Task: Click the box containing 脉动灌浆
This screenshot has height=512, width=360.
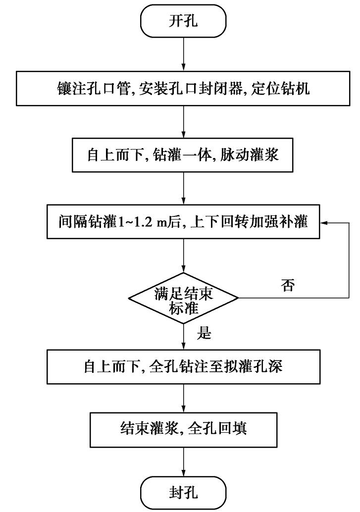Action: pyautogui.click(x=184, y=154)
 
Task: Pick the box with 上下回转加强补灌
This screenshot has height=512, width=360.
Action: pyautogui.click(x=184, y=223)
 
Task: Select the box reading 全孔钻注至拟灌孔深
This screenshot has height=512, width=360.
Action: pyautogui.click(x=184, y=367)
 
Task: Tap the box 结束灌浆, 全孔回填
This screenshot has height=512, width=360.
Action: pyautogui.click(x=184, y=427)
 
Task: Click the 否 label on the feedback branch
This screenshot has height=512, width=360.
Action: pyautogui.click(x=288, y=286)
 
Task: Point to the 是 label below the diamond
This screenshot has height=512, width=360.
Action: pyautogui.click(x=204, y=333)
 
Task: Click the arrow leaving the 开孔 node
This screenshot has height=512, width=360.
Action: pyautogui.click(x=184, y=54)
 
